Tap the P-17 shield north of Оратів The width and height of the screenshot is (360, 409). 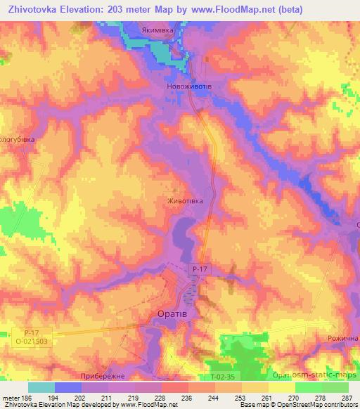(x=200, y=269)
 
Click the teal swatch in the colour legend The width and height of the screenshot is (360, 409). (x=41, y=387)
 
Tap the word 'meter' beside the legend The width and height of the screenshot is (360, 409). (x=10, y=397)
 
